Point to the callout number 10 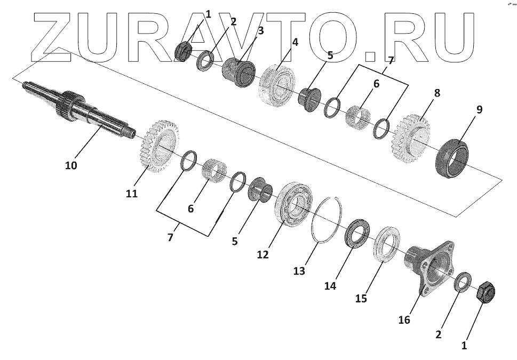71,165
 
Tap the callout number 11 132,194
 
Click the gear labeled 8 411,137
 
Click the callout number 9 479,110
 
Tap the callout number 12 263,254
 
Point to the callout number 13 299,271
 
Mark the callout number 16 404,319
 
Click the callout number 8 437,93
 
